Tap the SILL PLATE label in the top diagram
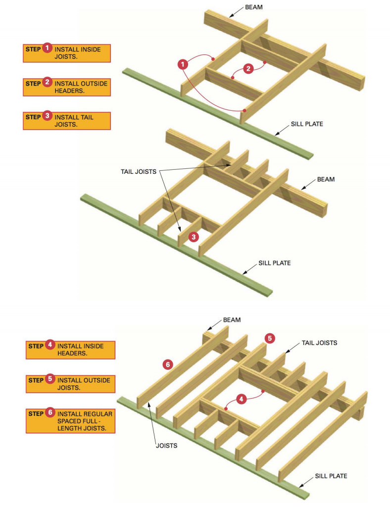point(307,124)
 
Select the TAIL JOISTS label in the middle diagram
point(139,172)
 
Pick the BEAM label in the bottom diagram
point(232,320)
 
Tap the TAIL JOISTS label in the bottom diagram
point(320,343)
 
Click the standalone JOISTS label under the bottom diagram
point(166,446)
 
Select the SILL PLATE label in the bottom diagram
point(331,476)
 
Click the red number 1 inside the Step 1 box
point(47,49)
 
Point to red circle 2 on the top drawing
point(248,68)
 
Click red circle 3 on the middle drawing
point(194,237)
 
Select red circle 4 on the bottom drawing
point(241,398)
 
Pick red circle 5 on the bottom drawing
point(269,338)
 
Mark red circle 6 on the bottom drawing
point(168,364)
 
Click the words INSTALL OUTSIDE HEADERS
point(81,87)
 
